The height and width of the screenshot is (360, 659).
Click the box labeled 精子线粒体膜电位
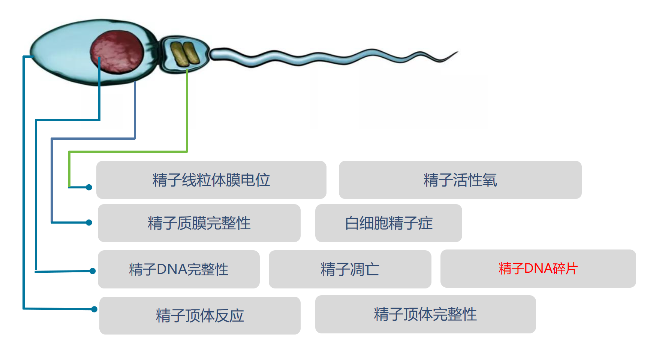pos(211,180)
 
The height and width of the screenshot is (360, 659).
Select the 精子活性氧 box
pos(460,180)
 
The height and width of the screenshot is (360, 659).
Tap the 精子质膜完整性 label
pos(199,223)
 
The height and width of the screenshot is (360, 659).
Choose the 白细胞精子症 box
pos(389,223)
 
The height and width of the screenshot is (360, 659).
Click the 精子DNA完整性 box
pos(179,269)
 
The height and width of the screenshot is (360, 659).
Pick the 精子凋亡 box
pos(350,269)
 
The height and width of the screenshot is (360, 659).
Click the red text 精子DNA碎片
pos(538,269)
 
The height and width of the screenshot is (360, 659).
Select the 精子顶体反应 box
pos(200,315)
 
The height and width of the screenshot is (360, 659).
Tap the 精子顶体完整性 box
pos(425,314)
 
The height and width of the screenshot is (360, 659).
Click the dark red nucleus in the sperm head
pos(117,52)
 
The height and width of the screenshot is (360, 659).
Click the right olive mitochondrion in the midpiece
pos(191,53)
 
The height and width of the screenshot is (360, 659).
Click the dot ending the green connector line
pos(89,187)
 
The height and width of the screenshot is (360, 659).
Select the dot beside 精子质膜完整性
pos(89,223)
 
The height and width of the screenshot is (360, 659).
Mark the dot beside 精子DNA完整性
pos(93,271)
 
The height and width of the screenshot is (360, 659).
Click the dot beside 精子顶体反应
pos(94,309)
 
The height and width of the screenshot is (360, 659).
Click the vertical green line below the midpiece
pos(187,111)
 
